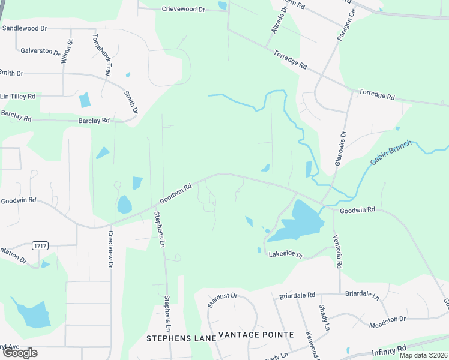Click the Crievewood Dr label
184,9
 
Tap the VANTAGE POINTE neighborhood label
256,334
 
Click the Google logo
20,353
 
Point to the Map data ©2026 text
423,355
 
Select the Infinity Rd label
389,350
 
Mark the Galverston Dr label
40,52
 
